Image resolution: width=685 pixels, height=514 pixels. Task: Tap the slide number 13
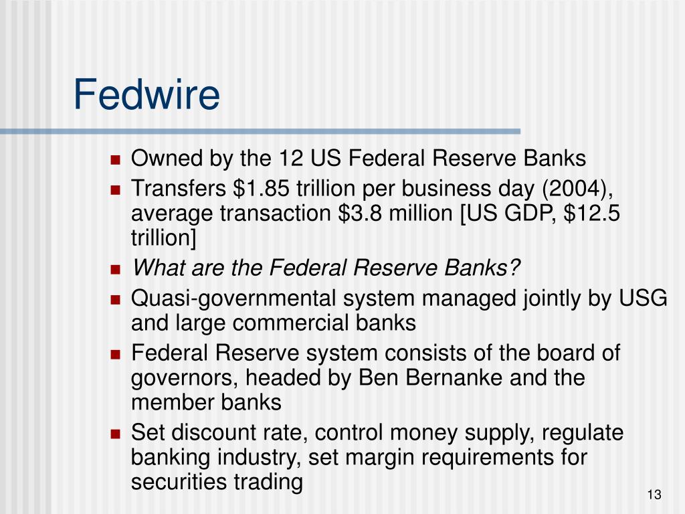[x=654, y=495]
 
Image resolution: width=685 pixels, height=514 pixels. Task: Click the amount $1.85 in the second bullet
[x=261, y=188]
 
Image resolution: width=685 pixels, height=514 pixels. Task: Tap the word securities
[x=178, y=482]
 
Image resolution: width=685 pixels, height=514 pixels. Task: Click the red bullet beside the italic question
[x=115, y=269]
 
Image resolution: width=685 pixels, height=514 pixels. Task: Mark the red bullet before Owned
[x=115, y=159]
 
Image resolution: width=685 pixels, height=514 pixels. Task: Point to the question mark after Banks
[x=514, y=267]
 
